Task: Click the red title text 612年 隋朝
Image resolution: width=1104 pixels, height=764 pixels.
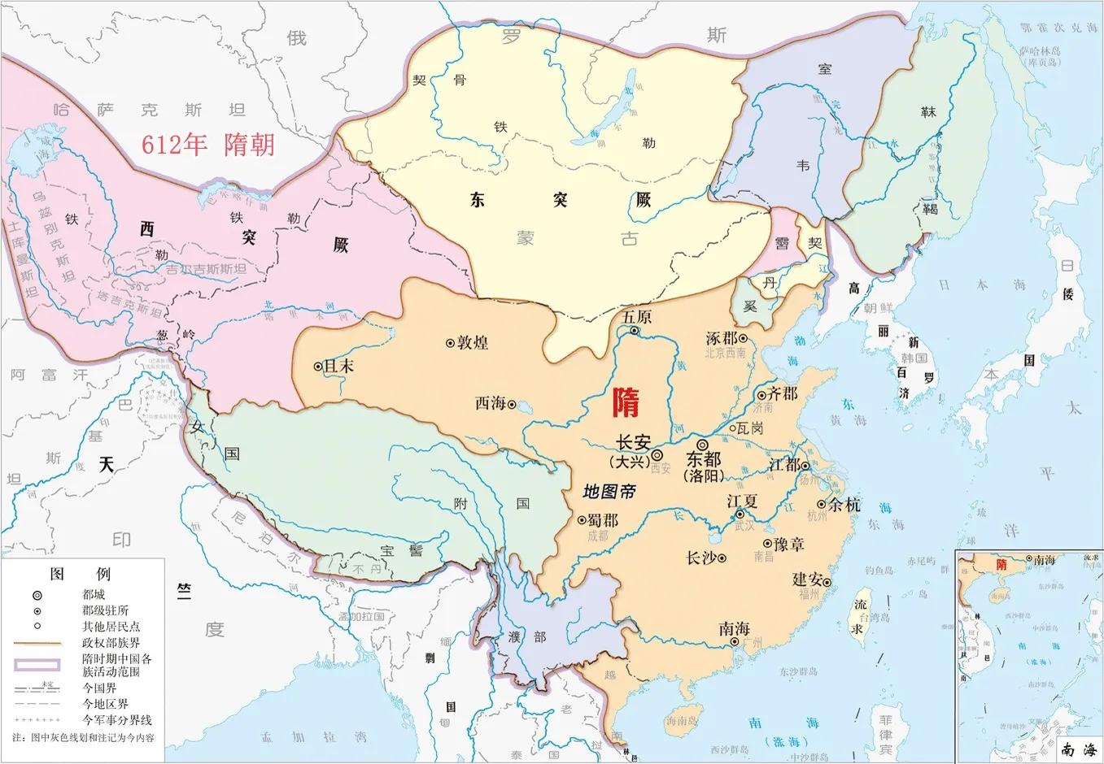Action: tap(208, 144)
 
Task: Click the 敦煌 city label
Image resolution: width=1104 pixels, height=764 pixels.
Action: tap(473, 342)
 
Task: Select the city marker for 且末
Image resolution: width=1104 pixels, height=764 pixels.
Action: tap(318, 367)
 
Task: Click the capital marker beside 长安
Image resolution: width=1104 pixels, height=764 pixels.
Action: tap(657, 456)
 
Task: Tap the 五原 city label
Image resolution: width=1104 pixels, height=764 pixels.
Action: tap(637, 317)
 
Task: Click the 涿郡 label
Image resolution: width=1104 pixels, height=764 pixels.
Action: tap(722, 337)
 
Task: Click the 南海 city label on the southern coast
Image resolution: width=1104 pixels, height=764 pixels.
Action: tap(734, 628)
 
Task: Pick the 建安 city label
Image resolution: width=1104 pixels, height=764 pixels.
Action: tap(808, 579)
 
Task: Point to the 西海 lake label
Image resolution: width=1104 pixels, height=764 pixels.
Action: tap(491, 402)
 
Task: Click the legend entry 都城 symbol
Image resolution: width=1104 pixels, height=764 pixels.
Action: tap(37, 595)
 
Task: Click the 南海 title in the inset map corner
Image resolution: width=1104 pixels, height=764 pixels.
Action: tap(1080, 749)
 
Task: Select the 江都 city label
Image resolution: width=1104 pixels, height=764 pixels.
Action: tap(783, 465)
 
